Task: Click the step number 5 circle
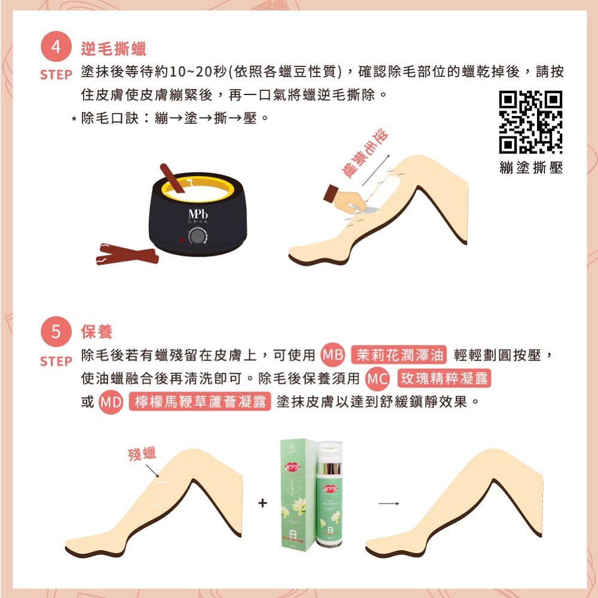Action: [x=56, y=331]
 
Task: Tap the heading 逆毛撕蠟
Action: [x=113, y=49]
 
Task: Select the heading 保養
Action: [x=96, y=331]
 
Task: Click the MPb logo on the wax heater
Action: [x=197, y=214]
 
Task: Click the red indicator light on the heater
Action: [x=178, y=240]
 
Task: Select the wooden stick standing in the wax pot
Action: [x=173, y=179]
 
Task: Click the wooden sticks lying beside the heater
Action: [x=127, y=254]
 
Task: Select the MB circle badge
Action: [x=332, y=355]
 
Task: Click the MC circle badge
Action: [x=377, y=379]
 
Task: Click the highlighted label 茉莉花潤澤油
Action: [x=399, y=355]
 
